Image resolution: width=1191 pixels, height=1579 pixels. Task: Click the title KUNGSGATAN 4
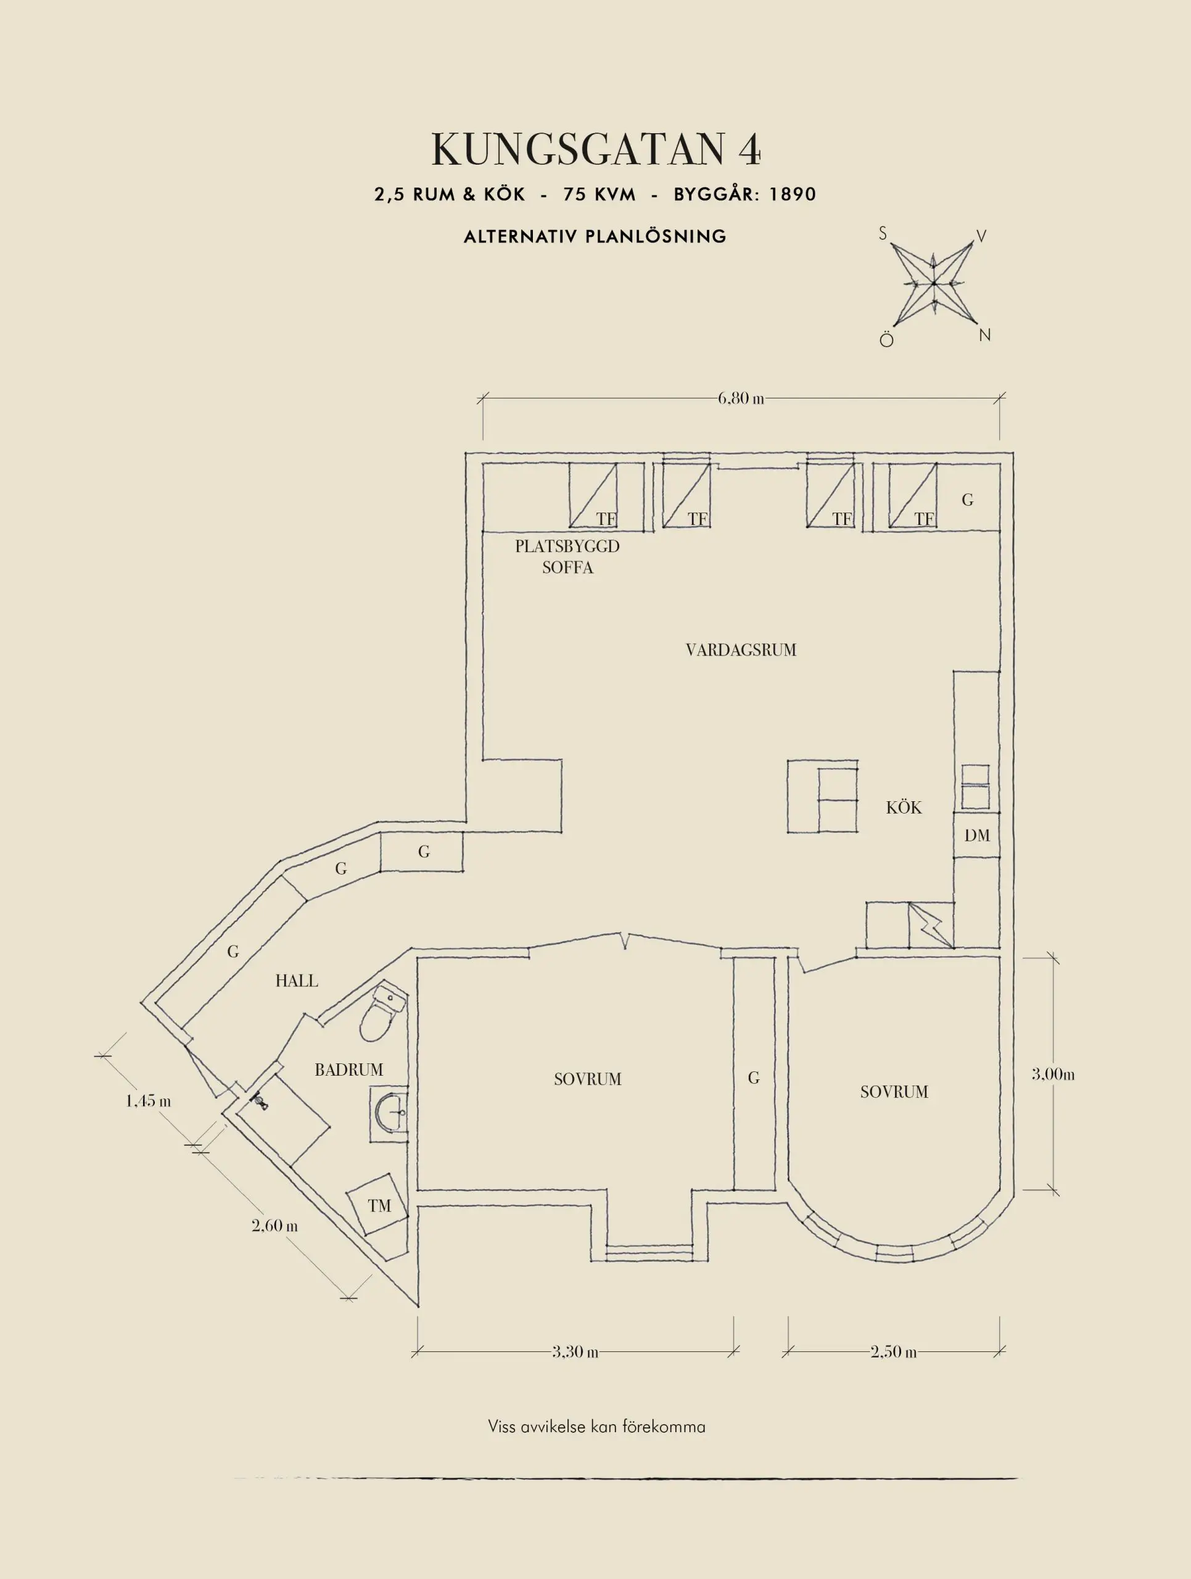point(595,150)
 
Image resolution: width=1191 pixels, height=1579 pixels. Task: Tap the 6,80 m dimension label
point(740,398)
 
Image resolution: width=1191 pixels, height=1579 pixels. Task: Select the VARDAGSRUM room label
point(741,649)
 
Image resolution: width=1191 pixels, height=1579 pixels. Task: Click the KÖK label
point(904,807)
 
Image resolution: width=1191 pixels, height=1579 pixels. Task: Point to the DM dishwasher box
point(977,835)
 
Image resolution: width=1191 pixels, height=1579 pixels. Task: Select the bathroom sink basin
point(390,1111)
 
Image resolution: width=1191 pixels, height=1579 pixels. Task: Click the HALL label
point(297,981)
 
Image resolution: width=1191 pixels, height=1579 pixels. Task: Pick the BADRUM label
point(349,1070)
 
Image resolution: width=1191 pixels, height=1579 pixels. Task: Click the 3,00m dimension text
point(1053,1074)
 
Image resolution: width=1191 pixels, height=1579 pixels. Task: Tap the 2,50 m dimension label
point(892,1351)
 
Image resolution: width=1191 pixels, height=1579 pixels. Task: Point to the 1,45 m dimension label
point(149,1101)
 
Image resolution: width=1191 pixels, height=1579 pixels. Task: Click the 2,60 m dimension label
point(274,1226)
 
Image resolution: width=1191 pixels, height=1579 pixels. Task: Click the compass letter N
point(985,335)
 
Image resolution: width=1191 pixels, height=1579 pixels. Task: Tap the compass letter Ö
point(886,340)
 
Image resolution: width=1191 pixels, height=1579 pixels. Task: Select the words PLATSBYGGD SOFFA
point(567,557)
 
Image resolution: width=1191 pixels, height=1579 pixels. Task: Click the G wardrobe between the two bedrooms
point(754,1078)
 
